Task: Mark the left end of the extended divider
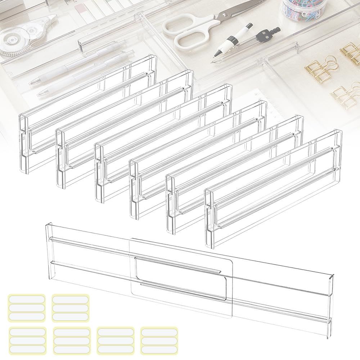coord(49,248)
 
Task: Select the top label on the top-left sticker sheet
coord(26,300)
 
